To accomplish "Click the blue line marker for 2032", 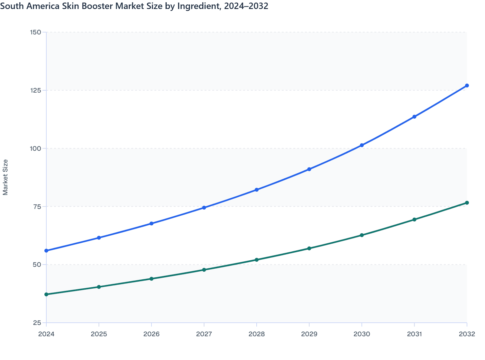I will pyautogui.click(x=467, y=85).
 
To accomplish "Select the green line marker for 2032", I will pyautogui.click(x=467, y=203).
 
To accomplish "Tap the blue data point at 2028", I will pyautogui.click(x=257, y=190).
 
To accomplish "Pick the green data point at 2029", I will pyautogui.click(x=309, y=248).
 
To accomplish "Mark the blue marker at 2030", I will pyautogui.click(x=362, y=145).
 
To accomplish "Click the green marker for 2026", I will pyautogui.click(x=151, y=279).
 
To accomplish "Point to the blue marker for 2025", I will pyautogui.click(x=99, y=238).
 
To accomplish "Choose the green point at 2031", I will pyautogui.click(x=414, y=220).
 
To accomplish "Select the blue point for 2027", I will pyautogui.click(x=204, y=208).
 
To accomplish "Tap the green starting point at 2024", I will pyautogui.click(x=46, y=294).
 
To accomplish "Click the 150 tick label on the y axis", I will pyautogui.click(x=35, y=32).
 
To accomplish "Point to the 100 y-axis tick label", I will pyautogui.click(x=35, y=148).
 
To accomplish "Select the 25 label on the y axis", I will pyautogui.click(x=37, y=323).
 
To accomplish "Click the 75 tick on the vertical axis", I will pyautogui.click(x=37, y=207).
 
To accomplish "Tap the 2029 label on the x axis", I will pyautogui.click(x=309, y=334).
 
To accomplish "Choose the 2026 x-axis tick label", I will pyautogui.click(x=151, y=334).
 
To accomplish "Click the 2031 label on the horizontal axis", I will pyautogui.click(x=414, y=334).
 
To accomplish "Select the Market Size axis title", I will pyautogui.click(x=5, y=177).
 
